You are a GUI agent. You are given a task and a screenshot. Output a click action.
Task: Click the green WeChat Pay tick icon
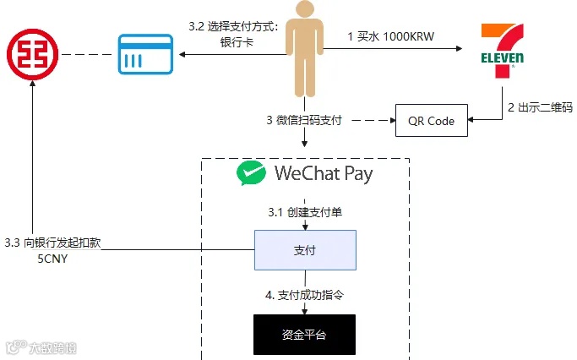(x=251, y=174)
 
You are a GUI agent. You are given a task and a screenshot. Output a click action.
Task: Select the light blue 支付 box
(x=305, y=250)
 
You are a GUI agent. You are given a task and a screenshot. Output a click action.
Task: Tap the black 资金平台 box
(x=304, y=335)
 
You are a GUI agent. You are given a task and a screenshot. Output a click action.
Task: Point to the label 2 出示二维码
(x=540, y=107)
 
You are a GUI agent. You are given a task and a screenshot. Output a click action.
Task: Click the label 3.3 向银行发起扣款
(x=57, y=243)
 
